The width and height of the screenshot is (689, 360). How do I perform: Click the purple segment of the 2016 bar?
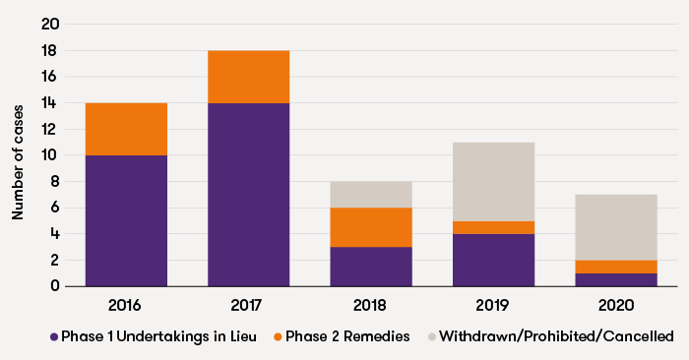(126, 220)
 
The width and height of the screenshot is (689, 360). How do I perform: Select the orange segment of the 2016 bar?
(126, 129)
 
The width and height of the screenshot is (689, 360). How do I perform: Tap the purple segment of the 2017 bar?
(248, 195)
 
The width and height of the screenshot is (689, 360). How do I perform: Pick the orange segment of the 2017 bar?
(248, 77)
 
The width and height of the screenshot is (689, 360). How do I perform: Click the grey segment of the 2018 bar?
(370, 195)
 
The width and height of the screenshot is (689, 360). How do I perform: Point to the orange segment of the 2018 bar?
(370, 227)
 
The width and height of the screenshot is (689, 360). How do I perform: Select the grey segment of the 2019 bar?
(493, 182)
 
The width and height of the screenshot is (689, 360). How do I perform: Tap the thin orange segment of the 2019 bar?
(493, 227)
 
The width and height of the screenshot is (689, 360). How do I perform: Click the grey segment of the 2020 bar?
(615, 227)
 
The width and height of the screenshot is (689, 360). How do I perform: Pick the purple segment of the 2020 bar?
(615, 279)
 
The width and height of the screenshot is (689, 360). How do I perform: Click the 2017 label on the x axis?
(248, 305)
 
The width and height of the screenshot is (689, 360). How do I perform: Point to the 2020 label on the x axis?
(615, 305)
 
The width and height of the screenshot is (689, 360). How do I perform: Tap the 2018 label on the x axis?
(370, 305)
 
